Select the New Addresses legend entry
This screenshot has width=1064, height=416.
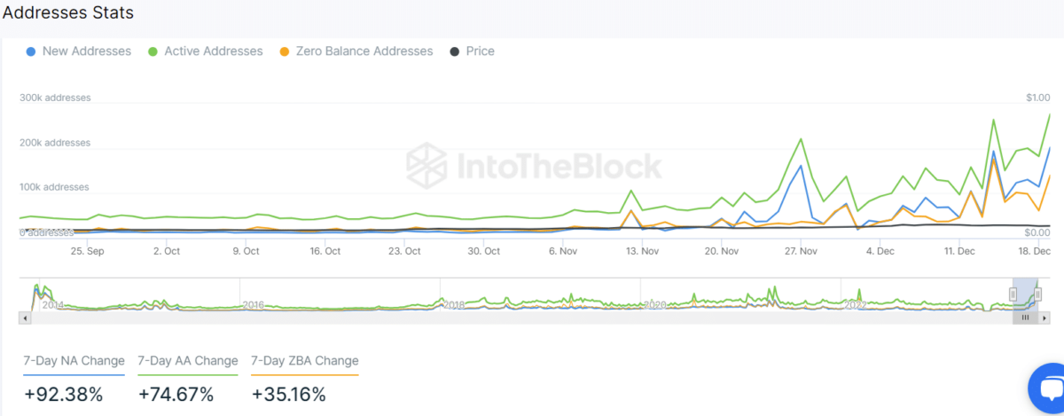pos(86,51)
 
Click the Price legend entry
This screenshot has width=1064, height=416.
pos(480,51)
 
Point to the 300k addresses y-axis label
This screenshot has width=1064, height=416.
pos(55,98)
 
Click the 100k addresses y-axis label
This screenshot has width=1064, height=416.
pos(55,187)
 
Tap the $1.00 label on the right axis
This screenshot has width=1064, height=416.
pos(1037,98)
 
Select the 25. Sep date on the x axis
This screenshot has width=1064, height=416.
pos(87,251)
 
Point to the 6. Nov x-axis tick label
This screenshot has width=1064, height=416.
pos(564,251)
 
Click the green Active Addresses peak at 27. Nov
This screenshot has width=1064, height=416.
pos(801,139)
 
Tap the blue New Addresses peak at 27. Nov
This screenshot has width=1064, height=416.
pos(801,166)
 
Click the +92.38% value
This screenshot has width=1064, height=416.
pos(64,395)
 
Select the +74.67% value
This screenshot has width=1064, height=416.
pos(176,395)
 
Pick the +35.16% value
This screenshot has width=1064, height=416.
pos(289,395)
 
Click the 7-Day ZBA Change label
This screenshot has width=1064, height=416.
pos(305,361)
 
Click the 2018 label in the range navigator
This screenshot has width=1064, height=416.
pos(454,305)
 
